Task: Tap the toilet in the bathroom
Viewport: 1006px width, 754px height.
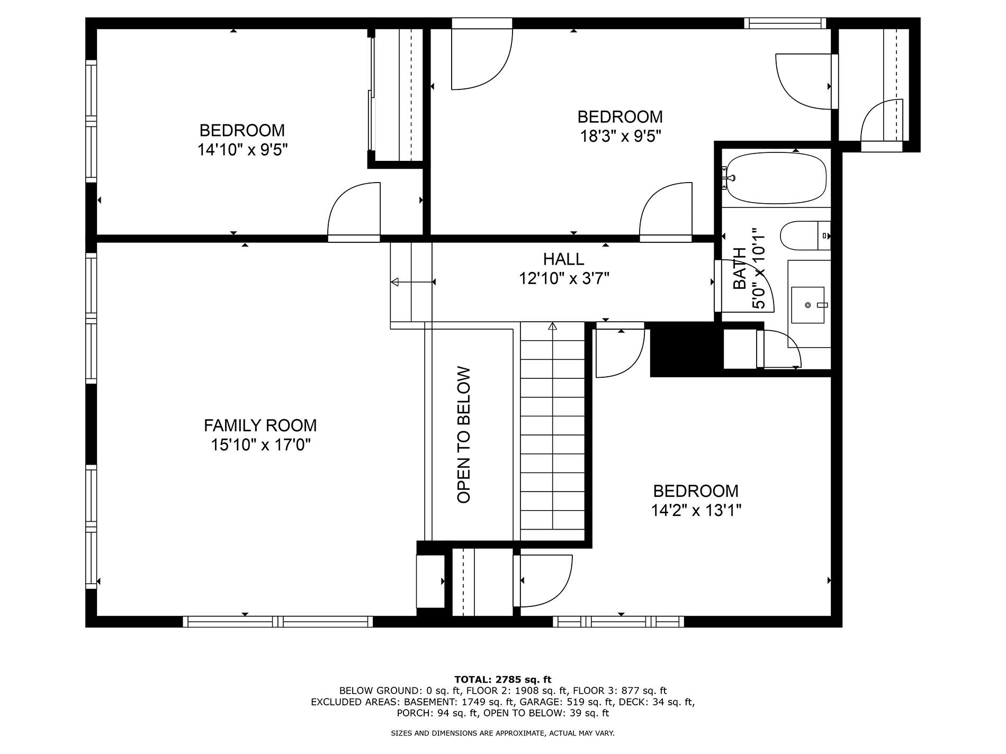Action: tap(805, 235)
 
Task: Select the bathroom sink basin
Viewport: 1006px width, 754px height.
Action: tap(808, 305)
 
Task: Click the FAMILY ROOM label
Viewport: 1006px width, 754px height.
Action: tap(260, 425)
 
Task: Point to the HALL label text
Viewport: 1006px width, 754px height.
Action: tap(563, 259)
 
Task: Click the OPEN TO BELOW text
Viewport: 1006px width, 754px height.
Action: tap(464, 435)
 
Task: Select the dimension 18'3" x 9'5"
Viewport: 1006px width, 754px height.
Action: tap(621, 137)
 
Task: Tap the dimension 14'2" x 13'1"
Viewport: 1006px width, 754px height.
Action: tap(696, 511)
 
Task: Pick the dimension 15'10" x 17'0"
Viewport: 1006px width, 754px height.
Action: tap(261, 445)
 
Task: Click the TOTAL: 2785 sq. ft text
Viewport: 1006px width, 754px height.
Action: tap(502, 679)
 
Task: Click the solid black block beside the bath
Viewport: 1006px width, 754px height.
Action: tap(687, 349)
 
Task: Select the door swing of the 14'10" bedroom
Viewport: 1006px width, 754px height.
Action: tap(354, 210)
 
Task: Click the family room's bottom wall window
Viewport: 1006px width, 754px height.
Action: tap(278, 621)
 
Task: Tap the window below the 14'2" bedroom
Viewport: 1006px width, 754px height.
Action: tap(618, 621)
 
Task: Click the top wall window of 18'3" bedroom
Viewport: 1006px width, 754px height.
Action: tap(785, 23)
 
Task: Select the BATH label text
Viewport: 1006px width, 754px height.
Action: tap(740, 268)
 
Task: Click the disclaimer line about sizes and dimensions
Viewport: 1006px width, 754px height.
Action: tap(502, 733)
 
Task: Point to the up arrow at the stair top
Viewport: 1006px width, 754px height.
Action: tap(553, 326)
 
